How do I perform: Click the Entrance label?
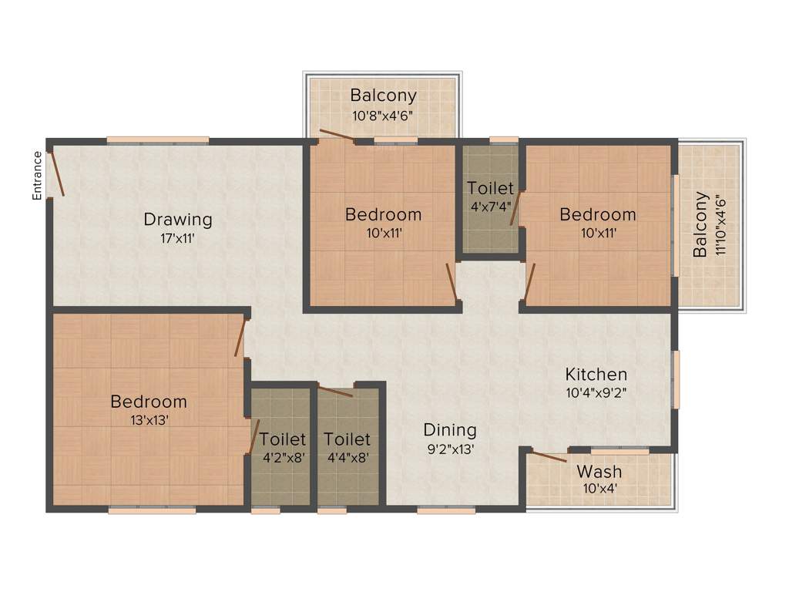[37, 176]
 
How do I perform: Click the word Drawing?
[178, 220]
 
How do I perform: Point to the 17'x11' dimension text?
[178, 238]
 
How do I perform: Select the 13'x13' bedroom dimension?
[149, 420]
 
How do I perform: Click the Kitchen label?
[596, 375]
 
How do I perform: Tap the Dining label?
[450, 430]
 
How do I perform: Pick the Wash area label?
[599, 471]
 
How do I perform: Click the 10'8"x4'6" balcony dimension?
[383, 116]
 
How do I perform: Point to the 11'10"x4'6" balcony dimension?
[721, 225]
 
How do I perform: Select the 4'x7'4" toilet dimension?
[491, 206]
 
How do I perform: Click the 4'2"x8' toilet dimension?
[283, 456]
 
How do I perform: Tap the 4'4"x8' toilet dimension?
[347, 456]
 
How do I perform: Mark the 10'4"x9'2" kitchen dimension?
[596, 392]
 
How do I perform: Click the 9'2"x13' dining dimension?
[450, 449]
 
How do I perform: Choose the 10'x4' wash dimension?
[599, 488]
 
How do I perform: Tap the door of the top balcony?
[337, 136]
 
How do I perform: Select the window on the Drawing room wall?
[158, 140]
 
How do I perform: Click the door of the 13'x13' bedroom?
[240, 338]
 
